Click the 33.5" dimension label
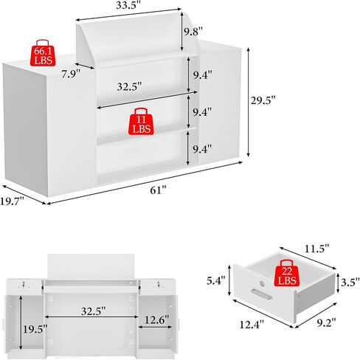(x=128, y=5)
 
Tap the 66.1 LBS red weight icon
(x=43, y=53)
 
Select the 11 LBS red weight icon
(x=141, y=121)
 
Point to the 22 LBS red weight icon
(x=287, y=273)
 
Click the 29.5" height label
(x=263, y=100)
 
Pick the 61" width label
(x=158, y=190)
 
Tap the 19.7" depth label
(x=12, y=201)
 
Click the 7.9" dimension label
(x=71, y=74)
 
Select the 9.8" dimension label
(x=193, y=32)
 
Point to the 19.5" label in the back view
(x=35, y=329)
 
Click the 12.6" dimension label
(x=157, y=320)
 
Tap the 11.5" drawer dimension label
(x=316, y=249)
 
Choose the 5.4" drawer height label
(x=216, y=280)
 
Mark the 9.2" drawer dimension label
(x=326, y=322)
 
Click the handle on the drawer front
(x=261, y=294)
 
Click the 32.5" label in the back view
(x=94, y=311)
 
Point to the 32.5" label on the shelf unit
(x=129, y=86)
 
